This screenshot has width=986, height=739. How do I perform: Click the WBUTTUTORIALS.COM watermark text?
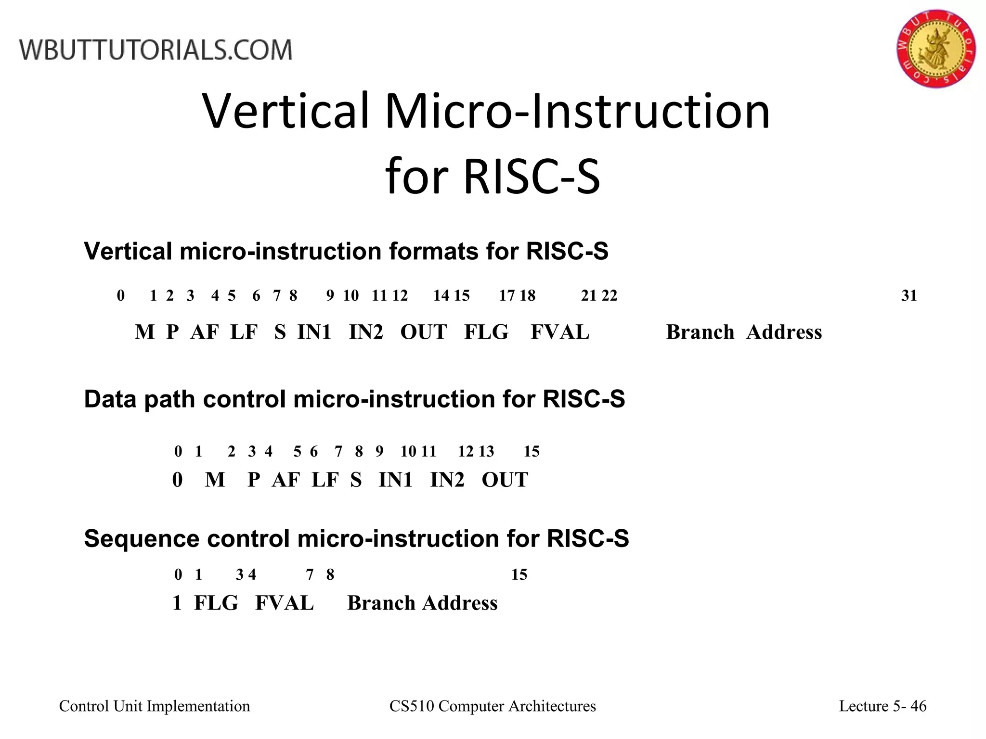(x=156, y=50)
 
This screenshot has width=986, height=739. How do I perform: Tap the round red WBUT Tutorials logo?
(x=935, y=49)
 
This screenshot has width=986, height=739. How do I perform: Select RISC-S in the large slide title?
(x=532, y=177)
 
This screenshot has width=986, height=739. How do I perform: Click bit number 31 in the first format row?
(x=909, y=295)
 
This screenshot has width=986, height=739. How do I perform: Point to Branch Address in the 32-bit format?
(x=744, y=332)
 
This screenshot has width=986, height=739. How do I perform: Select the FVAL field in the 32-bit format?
(x=559, y=332)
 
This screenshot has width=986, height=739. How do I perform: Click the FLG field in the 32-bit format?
(x=486, y=332)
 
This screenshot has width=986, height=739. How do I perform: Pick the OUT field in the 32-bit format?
(x=423, y=332)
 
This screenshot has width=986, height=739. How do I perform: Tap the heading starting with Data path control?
(x=354, y=399)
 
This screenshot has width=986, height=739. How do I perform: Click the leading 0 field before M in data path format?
(x=177, y=480)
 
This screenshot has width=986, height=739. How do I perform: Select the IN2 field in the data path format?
(x=447, y=480)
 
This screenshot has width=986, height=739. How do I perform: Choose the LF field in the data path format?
(x=325, y=480)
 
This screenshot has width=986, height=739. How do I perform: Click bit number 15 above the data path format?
(x=532, y=451)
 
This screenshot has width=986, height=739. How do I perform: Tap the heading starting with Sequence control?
(x=356, y=538)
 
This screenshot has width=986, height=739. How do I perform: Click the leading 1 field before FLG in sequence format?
(x=177, y=603)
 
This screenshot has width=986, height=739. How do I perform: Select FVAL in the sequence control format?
(x=284, y=603)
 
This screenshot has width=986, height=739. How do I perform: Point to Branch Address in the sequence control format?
(x=422, y=603)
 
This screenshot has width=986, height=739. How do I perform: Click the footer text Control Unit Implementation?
(x=155, y=706)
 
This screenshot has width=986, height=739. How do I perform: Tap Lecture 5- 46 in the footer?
(x=882, y=706)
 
